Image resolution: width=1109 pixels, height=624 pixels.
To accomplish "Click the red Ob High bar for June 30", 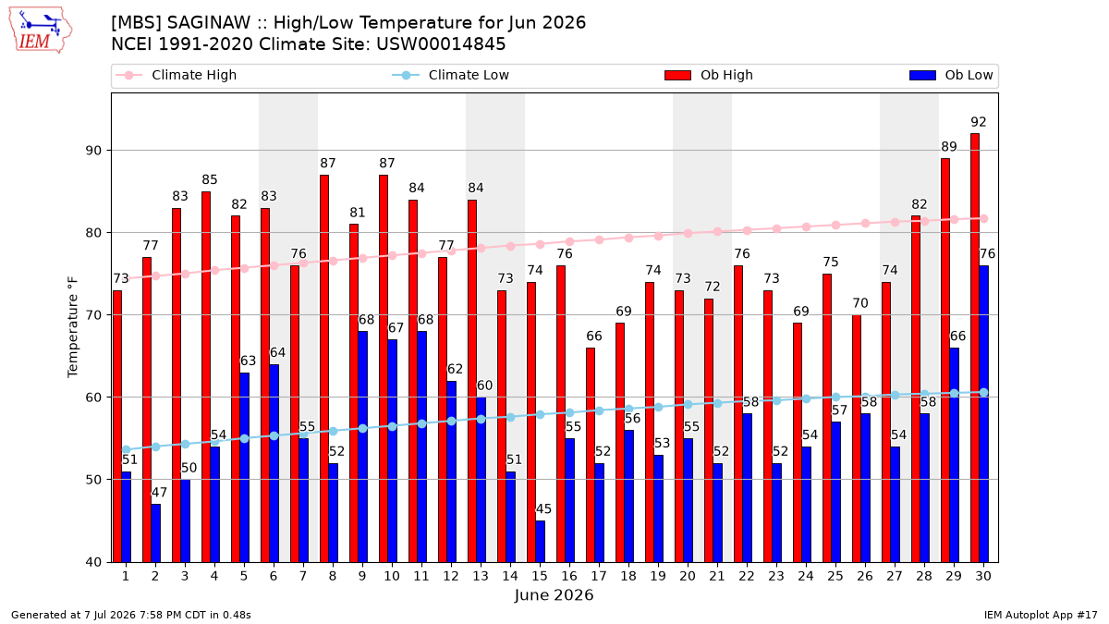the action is pyautogui.click(x=975, y=348).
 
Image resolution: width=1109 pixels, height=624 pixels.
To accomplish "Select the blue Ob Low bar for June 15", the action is pyautogui.click(x=540, y=542).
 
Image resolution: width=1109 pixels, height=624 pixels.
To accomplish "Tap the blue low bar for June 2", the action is pyautogui.click(x=155, y=532).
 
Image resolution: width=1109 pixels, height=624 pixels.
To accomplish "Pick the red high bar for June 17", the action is pyautogui.click(x=591, y=455).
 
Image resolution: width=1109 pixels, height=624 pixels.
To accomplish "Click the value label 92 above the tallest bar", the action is pyautogui.click(x=979, y=122).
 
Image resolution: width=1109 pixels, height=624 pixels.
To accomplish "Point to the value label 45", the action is pyautogui.click(x=543, y=508).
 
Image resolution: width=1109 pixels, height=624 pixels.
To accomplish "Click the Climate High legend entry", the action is pyautogui.click(x=177, y=75).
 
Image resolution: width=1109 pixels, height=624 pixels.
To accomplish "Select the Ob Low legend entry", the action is pyautogui.click(x=951, y=75).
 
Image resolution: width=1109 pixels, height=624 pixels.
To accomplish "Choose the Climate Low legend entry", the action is pyautogui.click(x=451, y=75).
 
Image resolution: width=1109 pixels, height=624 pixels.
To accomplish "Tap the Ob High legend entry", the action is pyautogui.click(x=709, y=75).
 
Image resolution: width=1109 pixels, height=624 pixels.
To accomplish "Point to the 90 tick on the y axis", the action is pyautogui.click(x=93, y=151).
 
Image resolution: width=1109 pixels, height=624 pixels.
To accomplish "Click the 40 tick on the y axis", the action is pyautogui.click(x=93, y=562).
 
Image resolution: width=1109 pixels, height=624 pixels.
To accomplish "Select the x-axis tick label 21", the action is pyautogui.click(x=717, y=576).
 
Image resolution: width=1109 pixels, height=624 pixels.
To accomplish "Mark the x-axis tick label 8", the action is pyautogui.click(x=333, y=576).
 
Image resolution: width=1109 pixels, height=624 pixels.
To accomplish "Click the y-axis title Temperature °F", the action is pyautogui.click(x=73, y=327).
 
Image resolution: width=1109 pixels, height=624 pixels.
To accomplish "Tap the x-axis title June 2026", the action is pyautogui.click(x=554, y=594).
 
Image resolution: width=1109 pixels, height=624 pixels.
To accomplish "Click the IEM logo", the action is pyautogui.click(x=41, y=31).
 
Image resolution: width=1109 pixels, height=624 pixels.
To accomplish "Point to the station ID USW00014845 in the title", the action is pyautogui.click(x=441, y=44).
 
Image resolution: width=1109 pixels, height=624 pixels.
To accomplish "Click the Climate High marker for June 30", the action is pyautogui.click(x=983, y=218).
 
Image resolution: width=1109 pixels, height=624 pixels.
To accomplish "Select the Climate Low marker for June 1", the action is pyautogui.click(x=127, y=449).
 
